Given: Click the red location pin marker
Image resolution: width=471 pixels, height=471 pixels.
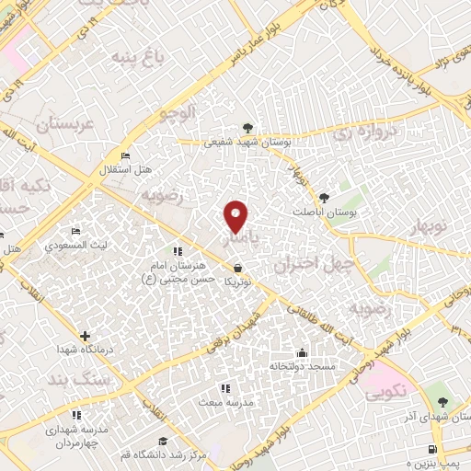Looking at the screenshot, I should tap(237, 216).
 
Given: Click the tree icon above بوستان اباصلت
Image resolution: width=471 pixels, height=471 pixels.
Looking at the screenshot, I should tap(323, 197).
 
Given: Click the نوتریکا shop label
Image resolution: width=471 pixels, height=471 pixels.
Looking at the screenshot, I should tap(237, 281).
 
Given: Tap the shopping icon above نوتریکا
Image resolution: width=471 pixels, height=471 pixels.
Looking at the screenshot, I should tap(238, 267).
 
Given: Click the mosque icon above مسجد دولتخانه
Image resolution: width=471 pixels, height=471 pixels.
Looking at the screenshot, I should tap(302, 351).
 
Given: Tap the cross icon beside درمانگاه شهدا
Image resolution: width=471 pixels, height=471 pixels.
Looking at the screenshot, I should tap(86, 337).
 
